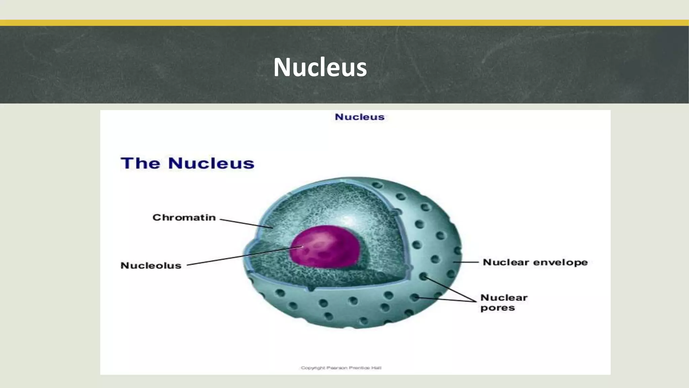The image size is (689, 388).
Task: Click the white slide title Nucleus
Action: point(320,67)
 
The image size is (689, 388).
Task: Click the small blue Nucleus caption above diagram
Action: point(359,117)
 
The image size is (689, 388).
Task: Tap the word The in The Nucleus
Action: point(140,163)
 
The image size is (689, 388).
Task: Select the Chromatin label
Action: point(184,218)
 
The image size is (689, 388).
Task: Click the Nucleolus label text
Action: point(151,266)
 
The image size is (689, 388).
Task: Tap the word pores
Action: point(497,308)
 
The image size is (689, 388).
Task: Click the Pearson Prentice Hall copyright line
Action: point(341,368)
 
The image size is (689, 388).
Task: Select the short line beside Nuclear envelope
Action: point(466,262)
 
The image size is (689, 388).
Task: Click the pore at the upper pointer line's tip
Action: point(423,277)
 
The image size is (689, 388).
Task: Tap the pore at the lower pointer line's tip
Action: point(415,297)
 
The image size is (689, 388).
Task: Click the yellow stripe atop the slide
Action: point(344,23)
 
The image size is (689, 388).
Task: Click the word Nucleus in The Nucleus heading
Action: point(211,163)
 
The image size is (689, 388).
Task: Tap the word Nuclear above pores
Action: point(504,298)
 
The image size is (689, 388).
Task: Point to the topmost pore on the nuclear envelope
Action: point(377,185)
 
